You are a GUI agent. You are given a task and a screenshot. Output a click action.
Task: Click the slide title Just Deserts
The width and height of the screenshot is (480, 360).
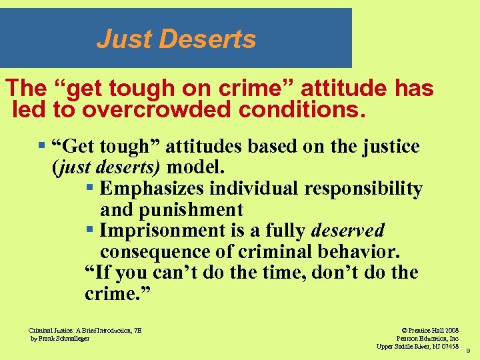[176, 39]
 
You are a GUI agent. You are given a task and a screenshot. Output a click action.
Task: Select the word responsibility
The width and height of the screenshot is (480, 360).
[363, 189]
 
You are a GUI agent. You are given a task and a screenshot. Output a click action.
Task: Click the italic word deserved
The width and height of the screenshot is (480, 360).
[348, 231]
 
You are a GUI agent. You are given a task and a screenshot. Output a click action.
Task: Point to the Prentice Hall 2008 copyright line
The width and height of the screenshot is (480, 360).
[430, 330]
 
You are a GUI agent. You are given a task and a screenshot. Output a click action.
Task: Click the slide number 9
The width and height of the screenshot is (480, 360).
[468, 350]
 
